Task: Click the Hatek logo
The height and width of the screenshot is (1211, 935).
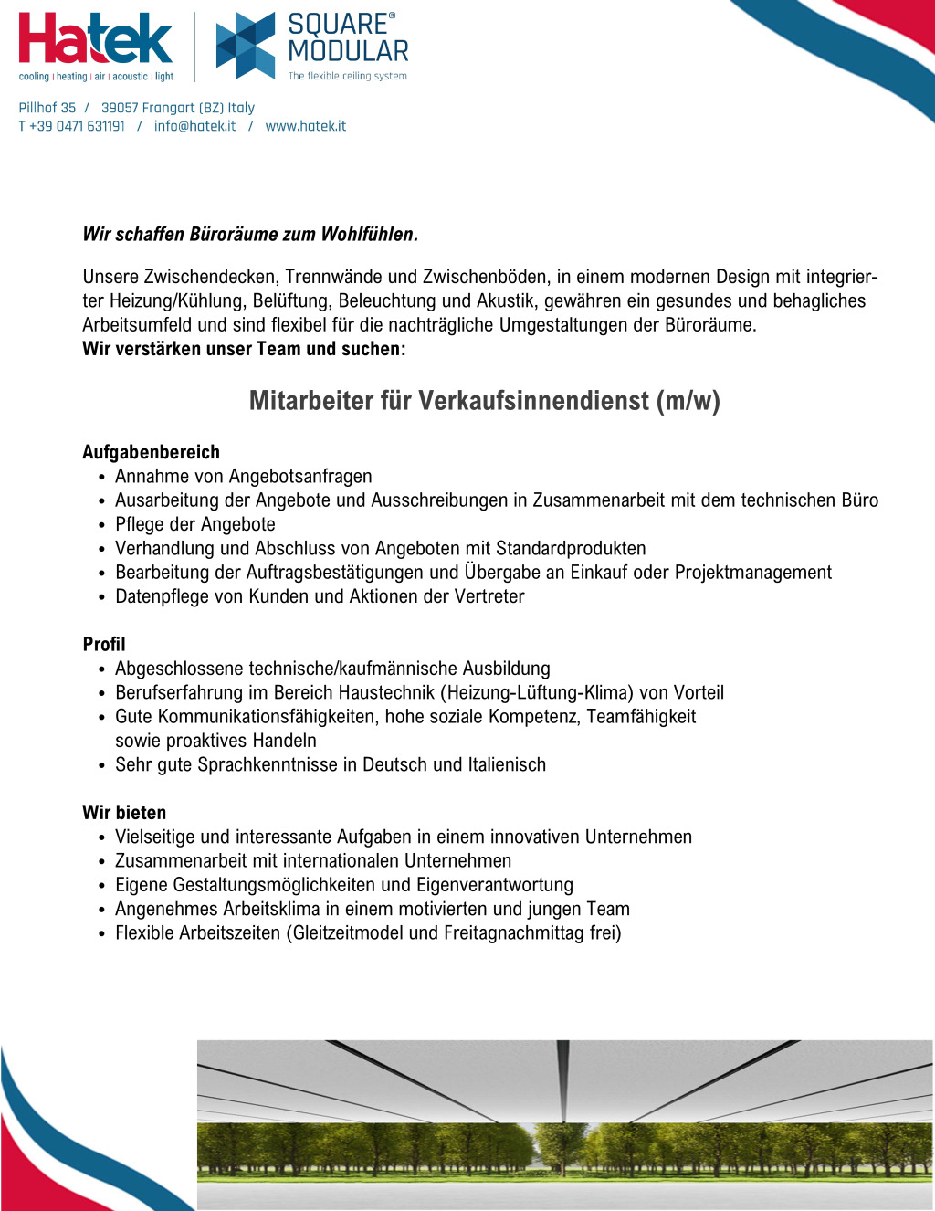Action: (95, 40)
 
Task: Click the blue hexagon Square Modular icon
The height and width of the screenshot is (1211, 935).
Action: (245, 45)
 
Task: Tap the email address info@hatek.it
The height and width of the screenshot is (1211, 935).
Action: (194, 126)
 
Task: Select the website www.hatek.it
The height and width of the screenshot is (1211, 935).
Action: (305, 126)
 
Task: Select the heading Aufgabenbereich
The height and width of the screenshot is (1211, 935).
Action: (151, 452)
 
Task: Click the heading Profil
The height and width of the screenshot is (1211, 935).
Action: (104, 644)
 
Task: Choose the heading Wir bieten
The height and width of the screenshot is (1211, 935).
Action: (124, 813)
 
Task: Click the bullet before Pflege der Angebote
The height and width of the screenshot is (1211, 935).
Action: (102, 526)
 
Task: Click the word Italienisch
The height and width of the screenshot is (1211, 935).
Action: (507, 764)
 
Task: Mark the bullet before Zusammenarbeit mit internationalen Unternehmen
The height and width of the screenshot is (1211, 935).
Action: (102, 862)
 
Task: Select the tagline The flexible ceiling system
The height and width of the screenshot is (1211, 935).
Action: (348, 77)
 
